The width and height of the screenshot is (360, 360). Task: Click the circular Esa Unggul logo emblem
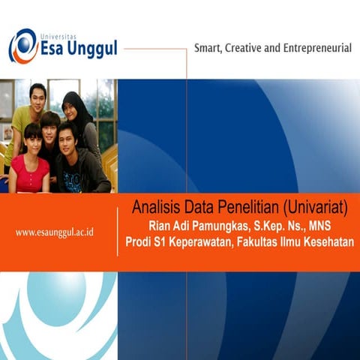click(24, 46)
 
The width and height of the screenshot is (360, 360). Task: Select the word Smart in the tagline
click(211, 48)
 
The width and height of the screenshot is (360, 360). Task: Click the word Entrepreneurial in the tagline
click(320, 48)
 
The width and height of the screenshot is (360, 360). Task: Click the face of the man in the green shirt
click(37, 97)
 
